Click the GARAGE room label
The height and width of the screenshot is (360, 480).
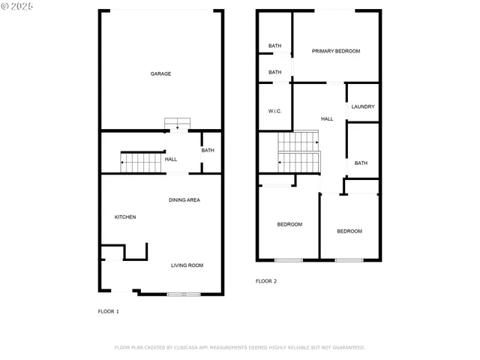(160, 73)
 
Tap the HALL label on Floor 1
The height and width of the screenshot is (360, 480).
(171, 159)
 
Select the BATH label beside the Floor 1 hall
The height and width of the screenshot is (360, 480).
(208, 151)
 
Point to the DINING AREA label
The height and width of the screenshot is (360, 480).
(184, 200)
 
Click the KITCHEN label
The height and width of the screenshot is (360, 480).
(125, 217)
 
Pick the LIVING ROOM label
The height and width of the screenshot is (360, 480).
(187, 265)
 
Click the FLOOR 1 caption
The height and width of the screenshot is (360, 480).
(109, 311)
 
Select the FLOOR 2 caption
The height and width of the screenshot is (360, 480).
(266, 281)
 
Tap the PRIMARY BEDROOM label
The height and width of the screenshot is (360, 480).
(336, 51)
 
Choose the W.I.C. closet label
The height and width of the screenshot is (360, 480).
(274, 111)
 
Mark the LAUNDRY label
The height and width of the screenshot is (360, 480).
(362, 106)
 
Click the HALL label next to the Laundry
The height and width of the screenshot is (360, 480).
(327, 119)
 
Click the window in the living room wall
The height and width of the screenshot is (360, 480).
(184, 294)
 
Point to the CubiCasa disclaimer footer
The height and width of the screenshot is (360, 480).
(239, 348)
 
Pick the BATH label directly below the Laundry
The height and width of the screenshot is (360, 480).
(361, 163)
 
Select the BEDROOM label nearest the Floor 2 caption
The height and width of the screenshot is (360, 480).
(289, 224)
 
